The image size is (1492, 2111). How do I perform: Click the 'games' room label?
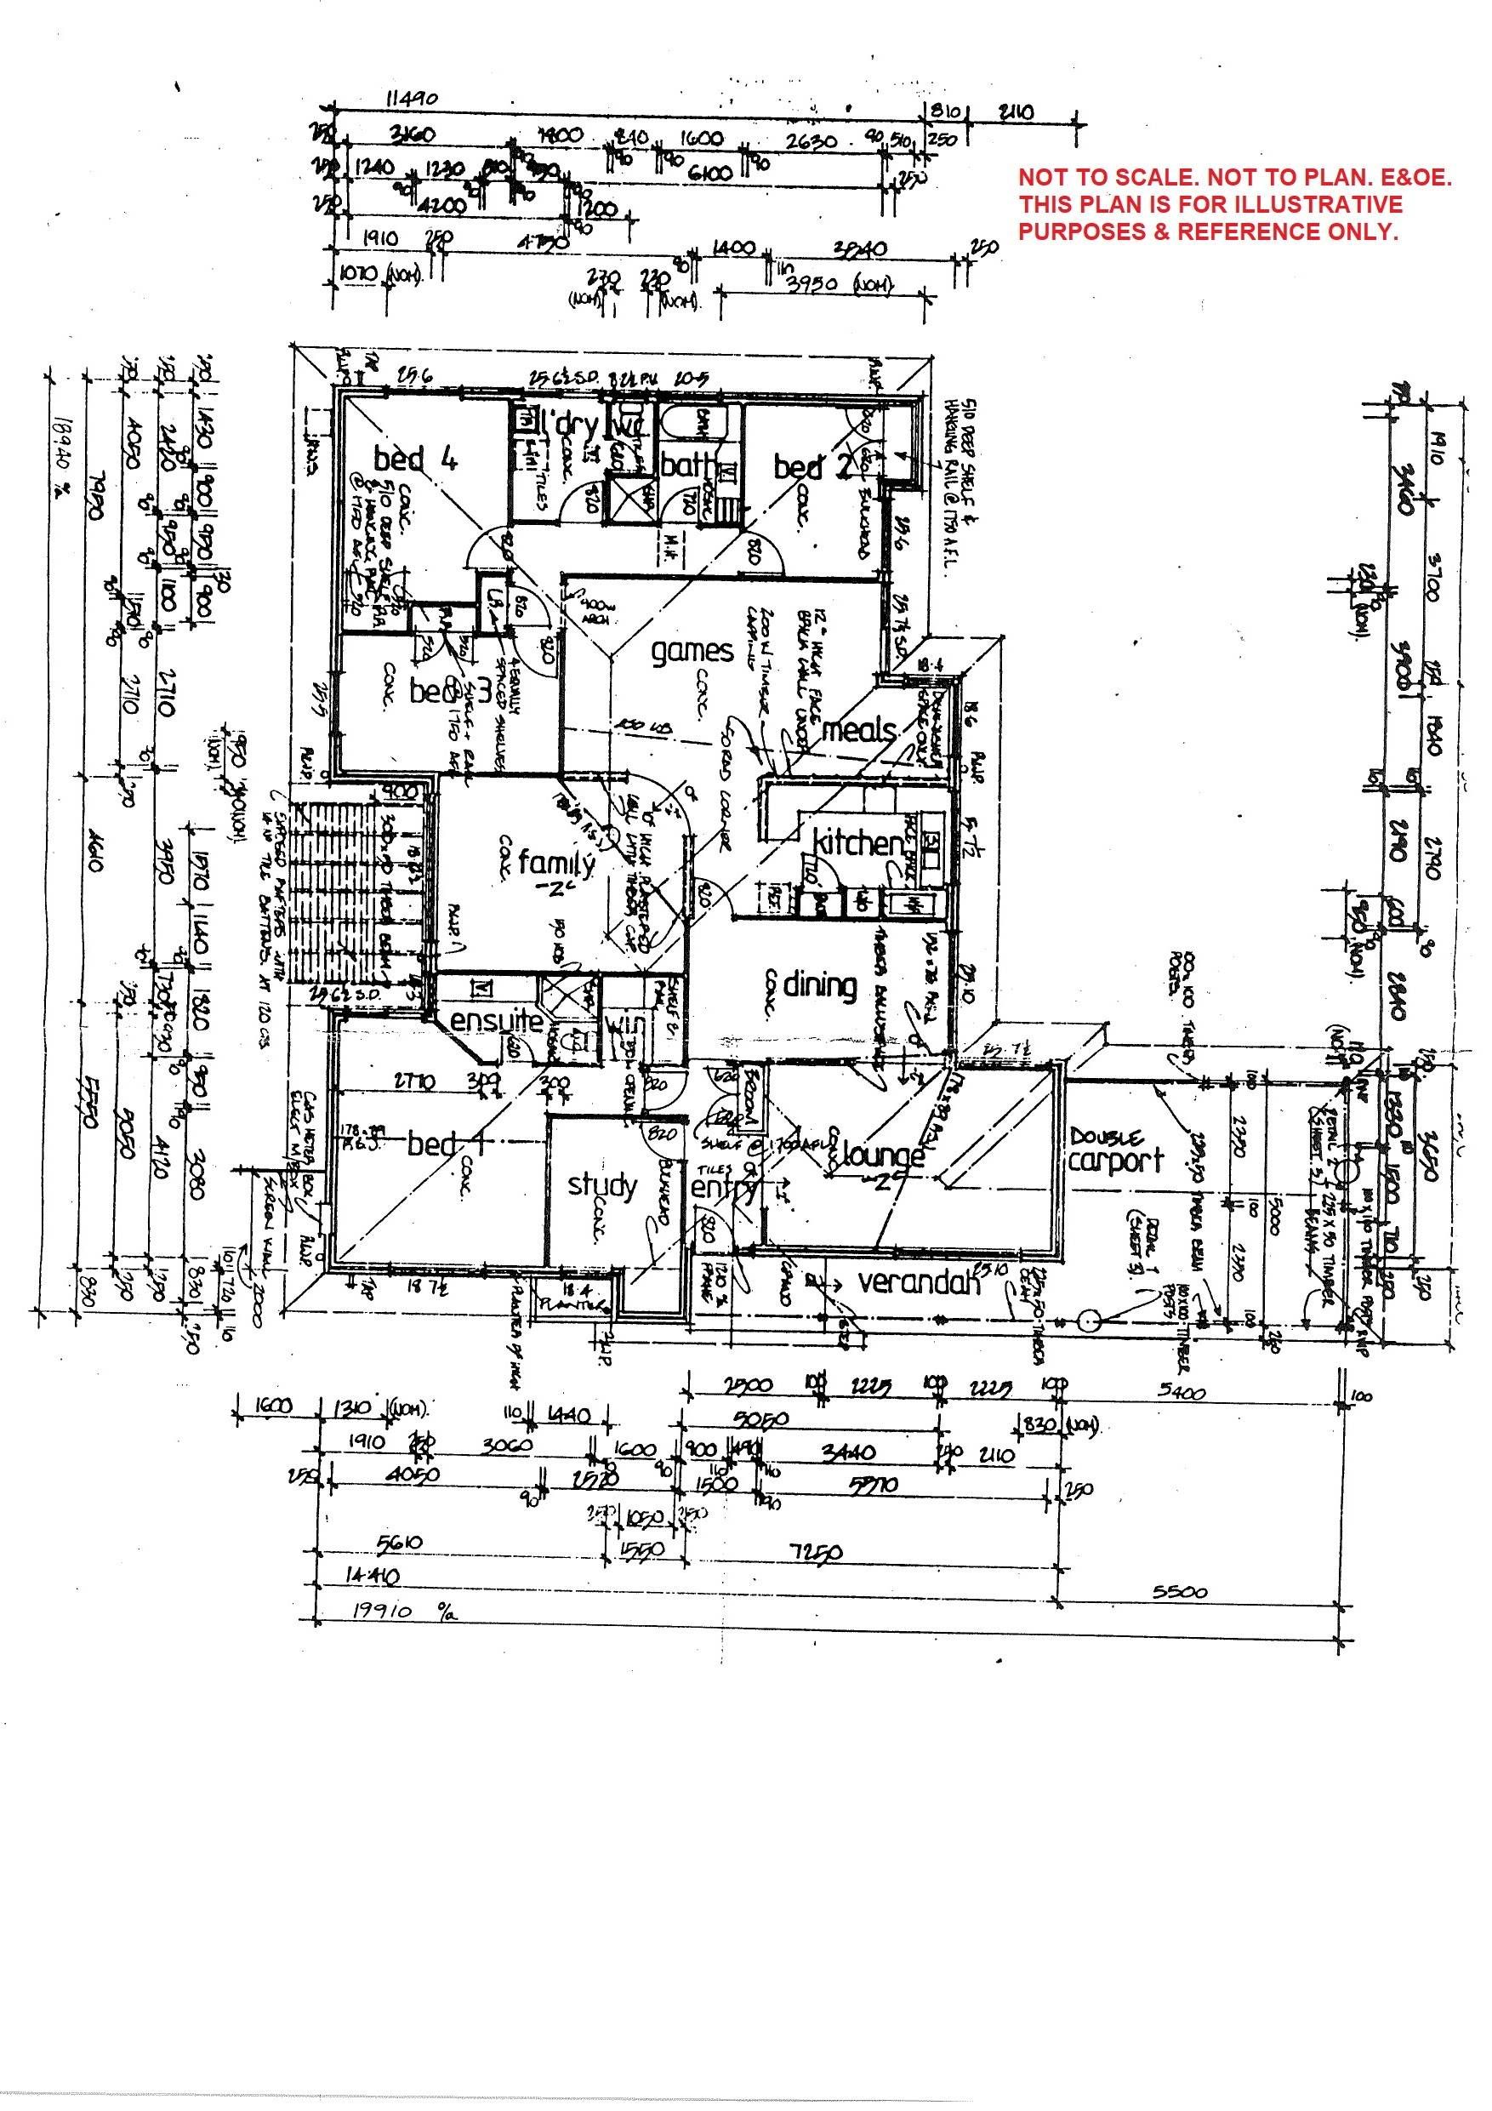click(692, 651)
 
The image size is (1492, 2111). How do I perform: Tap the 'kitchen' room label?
click(857, 842)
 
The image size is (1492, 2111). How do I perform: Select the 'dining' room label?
click(819, 984)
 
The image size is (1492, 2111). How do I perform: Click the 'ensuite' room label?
click(497, 1022)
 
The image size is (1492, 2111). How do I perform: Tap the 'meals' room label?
click(858, 731)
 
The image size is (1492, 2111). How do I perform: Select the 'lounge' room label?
click(882, 1155)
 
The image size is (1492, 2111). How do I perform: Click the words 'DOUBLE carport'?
click(1115, 1151)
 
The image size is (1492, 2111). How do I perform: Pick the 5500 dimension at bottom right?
click(1180, 1591)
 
